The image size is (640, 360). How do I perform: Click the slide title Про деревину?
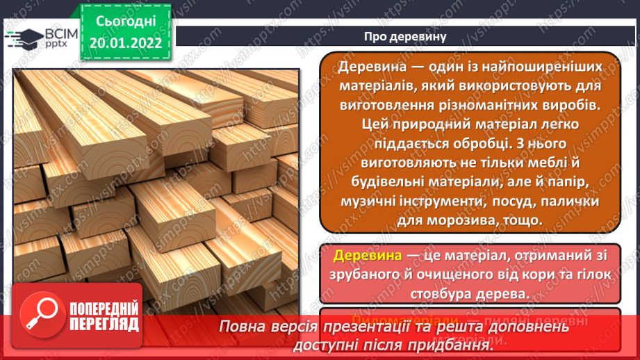tap(406, 35)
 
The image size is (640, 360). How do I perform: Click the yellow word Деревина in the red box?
tap(368, 256)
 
